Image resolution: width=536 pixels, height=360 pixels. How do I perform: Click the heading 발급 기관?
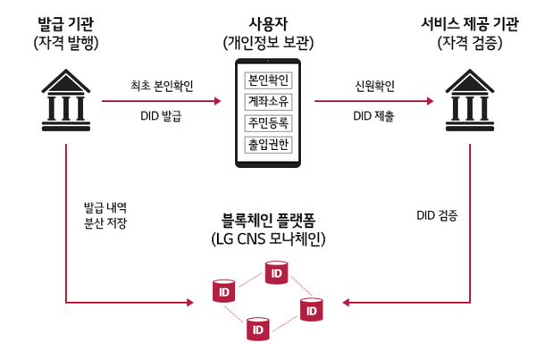click(x=66, y=21)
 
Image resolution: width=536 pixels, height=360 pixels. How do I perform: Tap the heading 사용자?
click(x=268, y=21)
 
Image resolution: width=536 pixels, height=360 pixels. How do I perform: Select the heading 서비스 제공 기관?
click(x=471, y=21)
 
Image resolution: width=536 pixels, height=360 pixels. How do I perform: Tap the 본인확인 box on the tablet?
click(x=268, y=80)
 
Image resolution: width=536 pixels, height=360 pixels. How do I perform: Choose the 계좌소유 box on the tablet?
click(x=268, y=101)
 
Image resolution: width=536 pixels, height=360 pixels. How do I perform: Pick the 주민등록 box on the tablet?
click(x=268, y=122)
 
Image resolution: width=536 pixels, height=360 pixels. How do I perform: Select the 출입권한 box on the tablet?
click(x=268, y=144)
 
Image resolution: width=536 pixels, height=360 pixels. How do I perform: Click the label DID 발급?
click(x=162, y=115)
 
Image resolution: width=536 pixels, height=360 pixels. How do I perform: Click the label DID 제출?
click(x=374, y=115)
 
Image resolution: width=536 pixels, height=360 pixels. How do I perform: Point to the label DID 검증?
click(x=438, y=215)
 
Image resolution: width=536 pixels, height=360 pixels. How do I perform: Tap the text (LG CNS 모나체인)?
click(x=268, y=239)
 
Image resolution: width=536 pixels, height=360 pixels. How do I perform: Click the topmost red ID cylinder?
click(x=276, y=271)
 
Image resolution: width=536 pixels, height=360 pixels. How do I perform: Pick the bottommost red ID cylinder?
click(x=257, y=330)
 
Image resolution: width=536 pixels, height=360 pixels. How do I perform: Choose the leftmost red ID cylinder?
click(x=222, y=290)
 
